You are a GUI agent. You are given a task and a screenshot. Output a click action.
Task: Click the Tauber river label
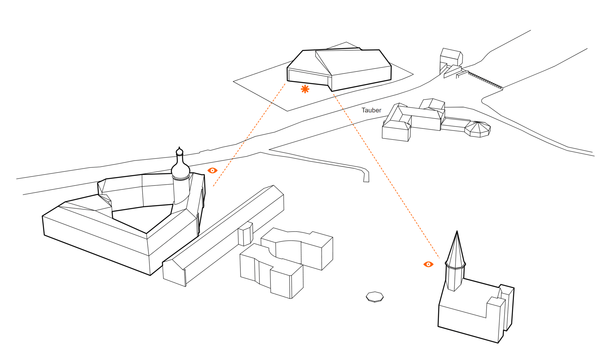pyautogui.click(x=371, y=110)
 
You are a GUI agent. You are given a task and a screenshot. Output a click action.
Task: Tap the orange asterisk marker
pyautogui.click(x=305, y=89)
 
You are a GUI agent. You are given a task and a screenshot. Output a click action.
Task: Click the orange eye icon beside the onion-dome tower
pyautogui.click(x=212, y=170)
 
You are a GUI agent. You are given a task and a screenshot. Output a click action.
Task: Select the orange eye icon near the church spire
pyautogui.click(x=428, y=264)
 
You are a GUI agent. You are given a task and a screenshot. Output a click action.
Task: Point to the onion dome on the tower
pyautogui.click(x=181, y=169)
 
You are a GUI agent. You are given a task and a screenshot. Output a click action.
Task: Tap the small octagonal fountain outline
pyautogui.click(x=375, y=296)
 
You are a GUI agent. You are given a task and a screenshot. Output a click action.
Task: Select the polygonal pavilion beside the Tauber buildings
pyautogui.click(x=478, y=129)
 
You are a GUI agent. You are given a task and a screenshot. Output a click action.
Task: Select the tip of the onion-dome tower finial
pyautogui.click(x=179, y=148)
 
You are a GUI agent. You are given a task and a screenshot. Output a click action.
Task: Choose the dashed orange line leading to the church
pyautogui.click(x=386, y=176)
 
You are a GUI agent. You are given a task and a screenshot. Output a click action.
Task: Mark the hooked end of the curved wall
pyautogui.click(x=366, y=177)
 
